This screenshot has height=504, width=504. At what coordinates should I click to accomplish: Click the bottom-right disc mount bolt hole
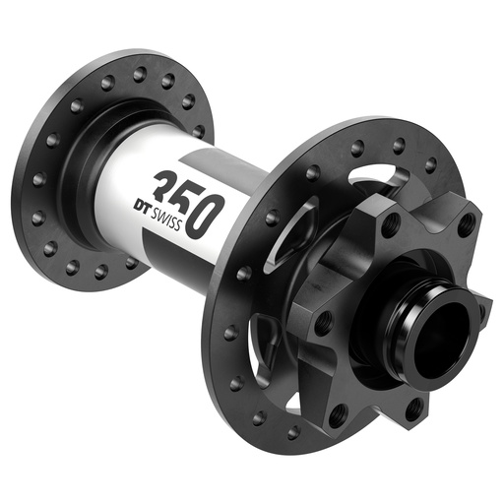(414, 405)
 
